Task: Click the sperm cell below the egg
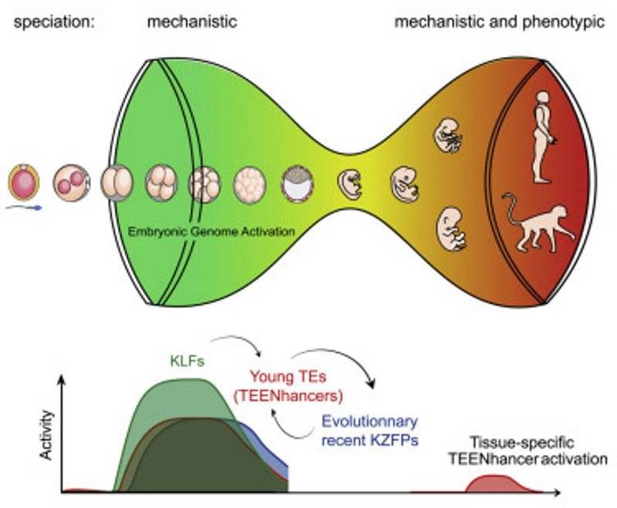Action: click(x=24, y=208)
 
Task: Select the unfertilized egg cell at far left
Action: click(x=24, y=183)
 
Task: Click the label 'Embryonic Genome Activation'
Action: click(x=211, y=231)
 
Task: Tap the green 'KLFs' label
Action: click(x=187, y=361)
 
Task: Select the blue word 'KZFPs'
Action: click(x=394, y=440)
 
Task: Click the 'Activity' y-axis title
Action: click(x=46, y=435)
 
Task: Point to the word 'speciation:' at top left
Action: click(x=54, y=22)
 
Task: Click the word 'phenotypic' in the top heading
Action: click(x=563, y=22)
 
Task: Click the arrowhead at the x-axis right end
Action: click(x=555, y=492)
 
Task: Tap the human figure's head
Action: click(x=543, y=99)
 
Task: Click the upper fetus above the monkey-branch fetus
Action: click(x=448, y=136)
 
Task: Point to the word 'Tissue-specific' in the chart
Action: click(x=522, y=443)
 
